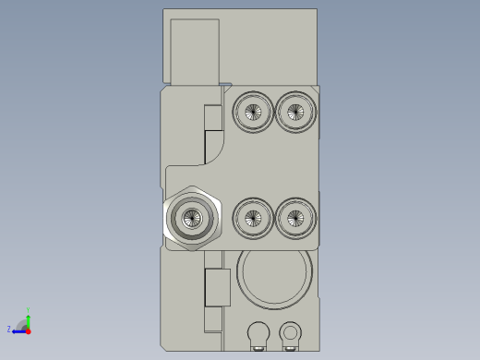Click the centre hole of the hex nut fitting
[x=192, y=219]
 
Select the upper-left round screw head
[x=252, y=113]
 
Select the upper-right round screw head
[x=294, y=113]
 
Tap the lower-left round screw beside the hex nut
[x=252, y=219]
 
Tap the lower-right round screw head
[x=294, y=219]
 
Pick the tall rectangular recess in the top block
[x=195, y=51]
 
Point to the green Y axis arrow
[x=29, y=315]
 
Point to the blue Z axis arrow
[x=18, y=330]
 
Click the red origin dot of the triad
[x=28, y=330]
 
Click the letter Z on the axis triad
[x=9, y=329]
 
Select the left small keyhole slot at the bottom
[x=258, y=332]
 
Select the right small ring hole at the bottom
[x=291, y=330]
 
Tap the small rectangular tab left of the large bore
[x=217, y=287]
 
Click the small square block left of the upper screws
[x=213, y=117]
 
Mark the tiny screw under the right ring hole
[x=292, y=349]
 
